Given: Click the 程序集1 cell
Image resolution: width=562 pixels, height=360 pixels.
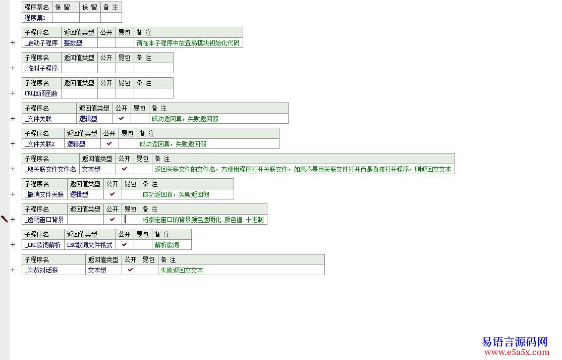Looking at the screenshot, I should coord(36,18).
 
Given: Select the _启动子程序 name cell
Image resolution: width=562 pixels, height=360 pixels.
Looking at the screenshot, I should coord(41,43).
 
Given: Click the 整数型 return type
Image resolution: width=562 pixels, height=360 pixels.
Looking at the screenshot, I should coord(73,43).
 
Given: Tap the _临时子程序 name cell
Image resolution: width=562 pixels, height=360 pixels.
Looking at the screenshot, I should coord(41,68).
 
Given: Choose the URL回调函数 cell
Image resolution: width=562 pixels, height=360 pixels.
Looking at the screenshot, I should coord(41,93).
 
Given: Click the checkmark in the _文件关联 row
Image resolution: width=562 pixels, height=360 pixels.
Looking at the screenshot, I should coord(121,118).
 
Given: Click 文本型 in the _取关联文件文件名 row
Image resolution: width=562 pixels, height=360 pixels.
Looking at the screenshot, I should coord(91,169).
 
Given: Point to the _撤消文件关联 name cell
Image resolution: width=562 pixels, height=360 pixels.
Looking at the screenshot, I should coord(44,194).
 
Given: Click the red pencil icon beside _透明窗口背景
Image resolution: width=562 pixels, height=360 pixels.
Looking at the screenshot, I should coord(5,219).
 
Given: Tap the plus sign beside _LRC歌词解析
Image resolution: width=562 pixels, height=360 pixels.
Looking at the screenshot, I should coord(13,245).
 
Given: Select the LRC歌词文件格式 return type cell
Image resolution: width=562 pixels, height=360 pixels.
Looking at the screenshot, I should coord(89,245).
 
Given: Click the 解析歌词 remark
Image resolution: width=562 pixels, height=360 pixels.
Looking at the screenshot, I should coord(166,245).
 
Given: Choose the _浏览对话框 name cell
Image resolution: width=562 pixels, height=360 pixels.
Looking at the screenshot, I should coord(42,270).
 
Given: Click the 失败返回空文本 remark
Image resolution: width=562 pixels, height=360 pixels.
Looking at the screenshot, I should coord(182,270).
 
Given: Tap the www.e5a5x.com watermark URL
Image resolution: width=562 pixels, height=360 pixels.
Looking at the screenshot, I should coord(515,352).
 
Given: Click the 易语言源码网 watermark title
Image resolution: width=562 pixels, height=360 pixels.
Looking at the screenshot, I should coord(515,342).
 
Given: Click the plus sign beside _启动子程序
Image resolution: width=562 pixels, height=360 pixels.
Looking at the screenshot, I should coord(13,43).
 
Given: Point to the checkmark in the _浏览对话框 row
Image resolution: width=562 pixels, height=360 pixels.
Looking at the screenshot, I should coord(130,270).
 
